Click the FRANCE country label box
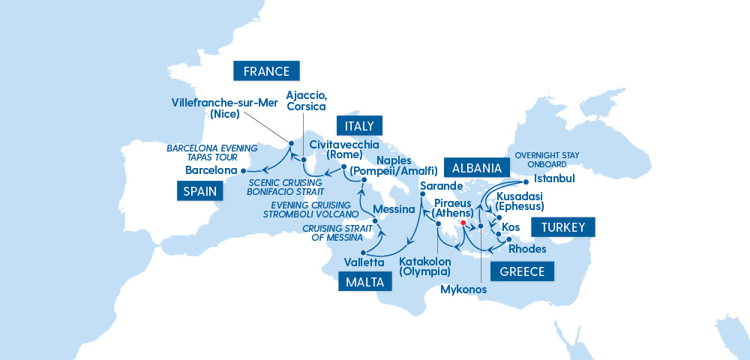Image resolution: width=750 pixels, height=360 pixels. click(267, 71)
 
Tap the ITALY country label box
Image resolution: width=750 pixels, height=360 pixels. click(359, 125)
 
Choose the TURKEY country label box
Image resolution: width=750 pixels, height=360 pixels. click(562, 227)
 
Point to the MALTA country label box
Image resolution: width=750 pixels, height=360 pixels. click(365, 282)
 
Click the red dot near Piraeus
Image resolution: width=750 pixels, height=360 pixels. click(463, 223)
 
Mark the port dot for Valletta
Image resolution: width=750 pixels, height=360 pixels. click(362, 252)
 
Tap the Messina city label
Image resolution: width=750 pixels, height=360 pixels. click(394, 209)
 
